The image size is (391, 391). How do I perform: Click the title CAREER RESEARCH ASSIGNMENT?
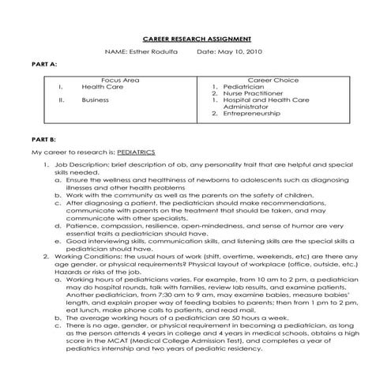point(197,38)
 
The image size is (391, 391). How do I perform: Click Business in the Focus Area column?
point(95,100)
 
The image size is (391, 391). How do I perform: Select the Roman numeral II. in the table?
point(61,100)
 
